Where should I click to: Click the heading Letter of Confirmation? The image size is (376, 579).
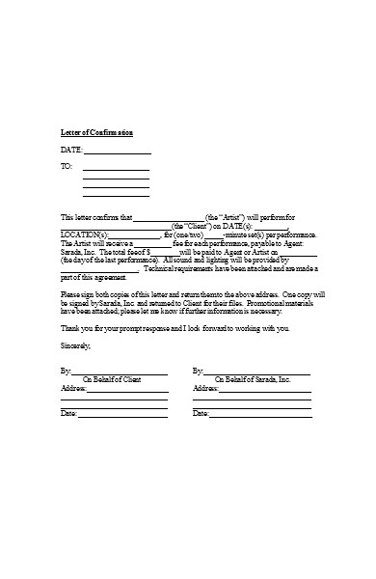tap(96, 132)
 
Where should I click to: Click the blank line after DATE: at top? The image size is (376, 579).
tap(118, 152)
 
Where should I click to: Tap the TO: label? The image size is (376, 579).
tap(67, 168)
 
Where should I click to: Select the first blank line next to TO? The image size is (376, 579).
tap(116, 170)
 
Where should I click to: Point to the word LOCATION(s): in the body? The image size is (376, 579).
tap(82, 234)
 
